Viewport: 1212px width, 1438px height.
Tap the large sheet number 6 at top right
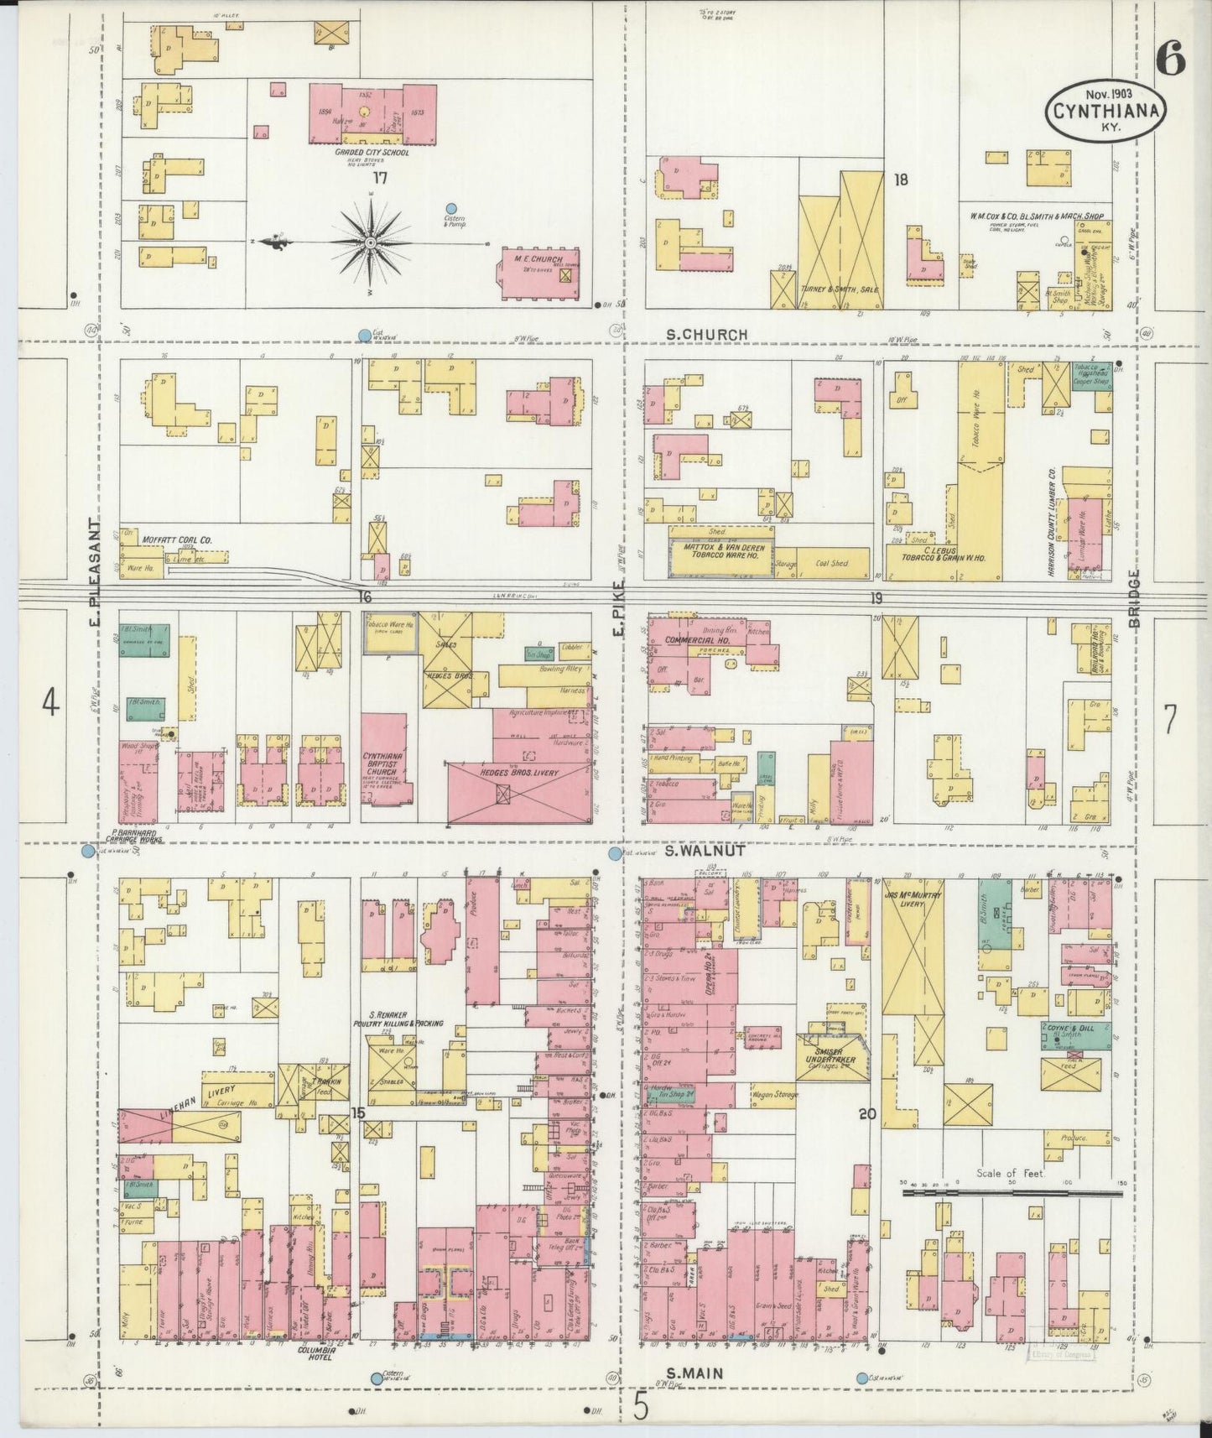tap(1169, 58)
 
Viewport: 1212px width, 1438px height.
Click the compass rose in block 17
tap(369, 242)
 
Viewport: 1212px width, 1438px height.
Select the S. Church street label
tap(706, 334)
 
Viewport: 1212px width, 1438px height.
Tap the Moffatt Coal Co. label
tap(175, 541)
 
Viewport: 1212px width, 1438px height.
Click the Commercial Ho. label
tap(694, 639)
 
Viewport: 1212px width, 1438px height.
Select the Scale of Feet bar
tap(1012, 1191)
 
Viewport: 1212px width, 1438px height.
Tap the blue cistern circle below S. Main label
tap(862, 1378)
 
